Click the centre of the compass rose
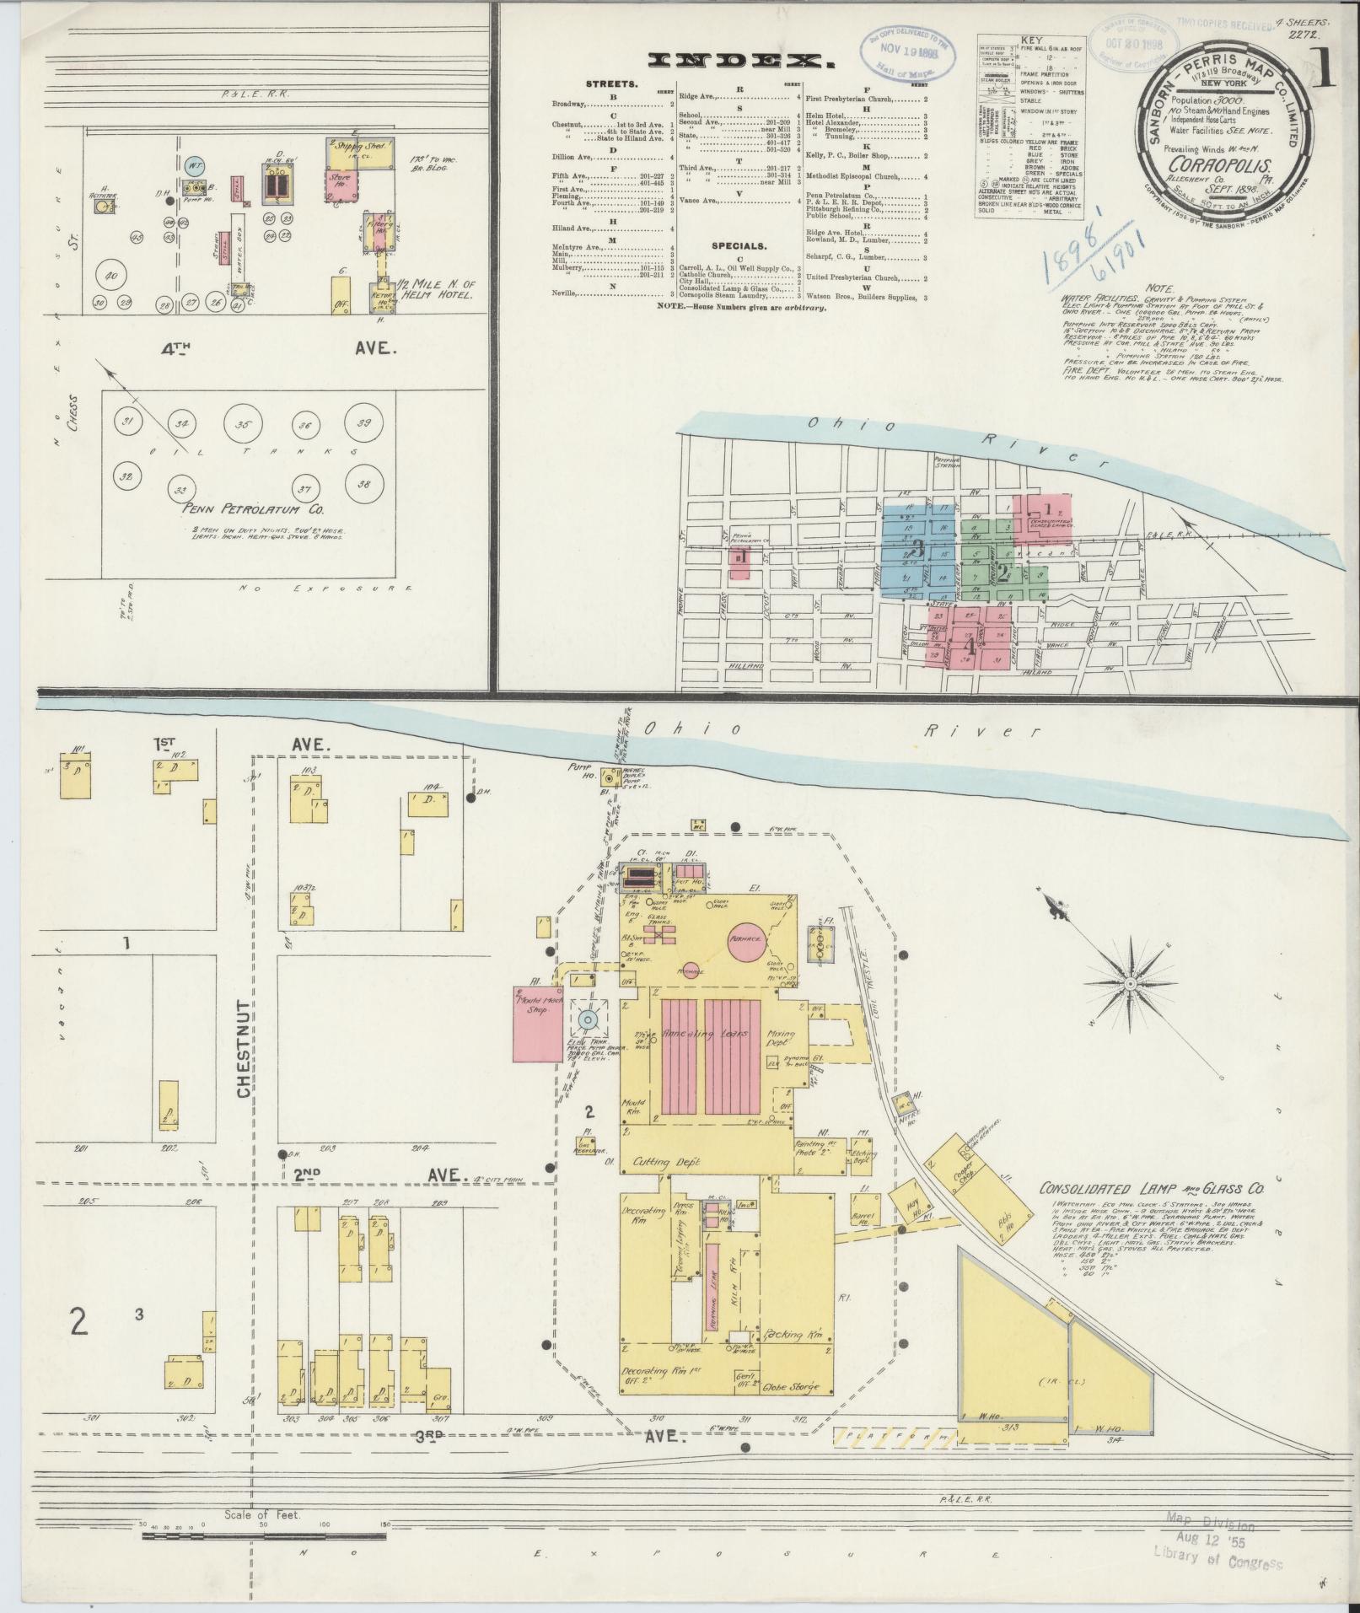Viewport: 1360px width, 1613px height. tap(1129, 985)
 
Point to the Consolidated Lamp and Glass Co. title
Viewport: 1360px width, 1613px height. tap(1151, 1189)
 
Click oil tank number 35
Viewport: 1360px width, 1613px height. tap(243, 425)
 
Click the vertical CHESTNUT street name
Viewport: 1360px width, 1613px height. tap(245, 1048)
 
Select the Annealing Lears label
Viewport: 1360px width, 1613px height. tap(702, 1034)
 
